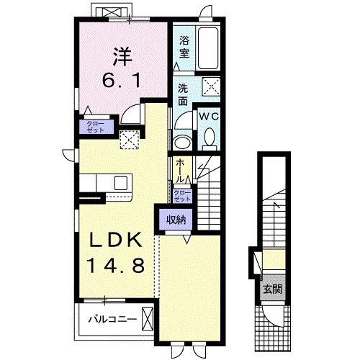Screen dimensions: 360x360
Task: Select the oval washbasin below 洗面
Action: pyautogui.click(x=181, y=140)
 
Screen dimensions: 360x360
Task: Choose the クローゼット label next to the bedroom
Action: pyautogui.click(x=95, y=127)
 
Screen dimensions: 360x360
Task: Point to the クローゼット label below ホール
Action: pyautogui.click(x=183, y=196)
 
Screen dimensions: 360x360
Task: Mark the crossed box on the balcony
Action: pyautogui.click(x=148, y=317)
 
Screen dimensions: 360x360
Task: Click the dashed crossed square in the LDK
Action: pyautogui.click(x=130, y=140)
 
